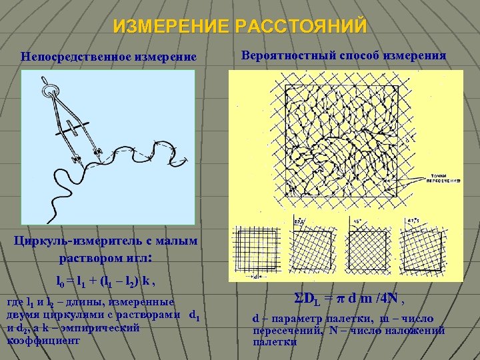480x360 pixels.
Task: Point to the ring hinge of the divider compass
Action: [48, 86]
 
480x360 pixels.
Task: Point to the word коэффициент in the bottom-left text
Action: [43, 340]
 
